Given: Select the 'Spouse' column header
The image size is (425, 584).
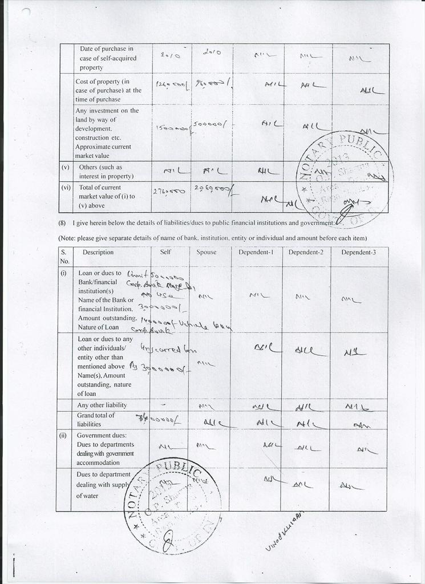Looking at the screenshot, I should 207,252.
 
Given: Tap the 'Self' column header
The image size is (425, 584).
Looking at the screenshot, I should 165,252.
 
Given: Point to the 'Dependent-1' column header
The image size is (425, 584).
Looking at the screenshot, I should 256,252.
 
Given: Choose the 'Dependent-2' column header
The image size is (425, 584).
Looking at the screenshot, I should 306,252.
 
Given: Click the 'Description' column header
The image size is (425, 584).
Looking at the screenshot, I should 98,252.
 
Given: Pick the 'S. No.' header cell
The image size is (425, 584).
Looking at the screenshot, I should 64,256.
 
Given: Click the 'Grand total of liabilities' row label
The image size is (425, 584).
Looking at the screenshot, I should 95,420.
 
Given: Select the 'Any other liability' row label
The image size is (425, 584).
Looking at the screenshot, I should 102,405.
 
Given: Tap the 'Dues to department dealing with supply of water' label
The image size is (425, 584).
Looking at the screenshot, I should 103,485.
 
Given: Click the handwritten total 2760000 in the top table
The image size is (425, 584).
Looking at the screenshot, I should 168,192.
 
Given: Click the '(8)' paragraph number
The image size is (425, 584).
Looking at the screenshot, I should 62,223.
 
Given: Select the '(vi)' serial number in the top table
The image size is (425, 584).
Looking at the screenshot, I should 66,187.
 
